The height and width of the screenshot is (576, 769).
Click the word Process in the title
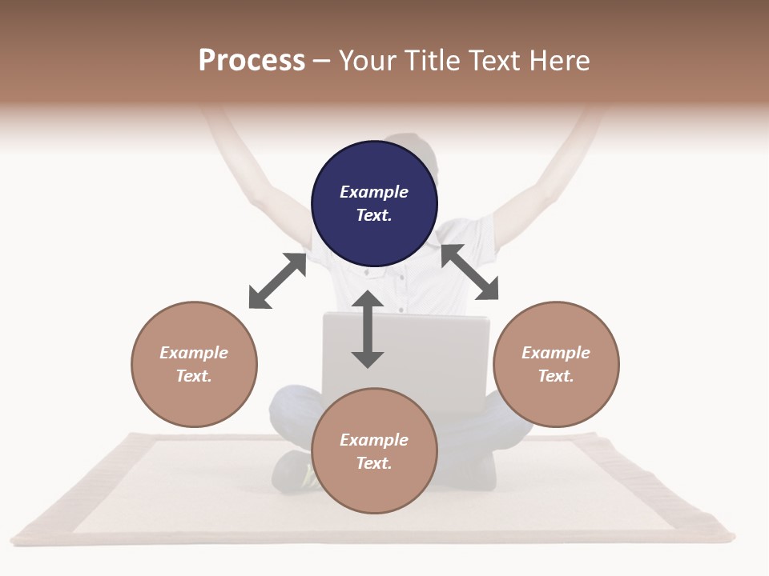(x=252, y=61)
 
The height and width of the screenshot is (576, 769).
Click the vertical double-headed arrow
(x=368, y=329)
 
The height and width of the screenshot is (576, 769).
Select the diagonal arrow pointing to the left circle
(x=277, y=281)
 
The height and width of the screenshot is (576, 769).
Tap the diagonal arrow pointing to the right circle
(x=469, y=272)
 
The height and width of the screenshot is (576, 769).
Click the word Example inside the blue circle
(x=374, y=192)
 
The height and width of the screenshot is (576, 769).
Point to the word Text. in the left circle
(x=194, y=376)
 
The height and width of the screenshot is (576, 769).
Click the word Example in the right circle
(x=556, y=353)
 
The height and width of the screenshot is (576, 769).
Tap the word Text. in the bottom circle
(x=374, y=463)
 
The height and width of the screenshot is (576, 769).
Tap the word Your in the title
(x=368, y=61)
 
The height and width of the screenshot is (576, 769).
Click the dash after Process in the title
(x=322, y=62)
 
